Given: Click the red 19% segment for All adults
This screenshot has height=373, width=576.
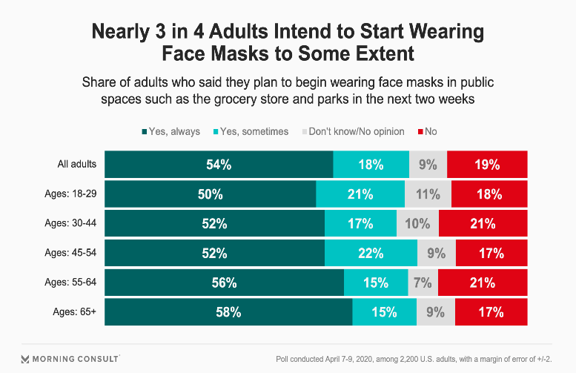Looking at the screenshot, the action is click(x=487, y=165).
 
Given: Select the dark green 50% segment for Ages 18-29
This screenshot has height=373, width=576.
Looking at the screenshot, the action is click(x=210, y=194).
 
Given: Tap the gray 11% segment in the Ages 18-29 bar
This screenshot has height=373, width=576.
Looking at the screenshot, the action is click(x=428, y=194).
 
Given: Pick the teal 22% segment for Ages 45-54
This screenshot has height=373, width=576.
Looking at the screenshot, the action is click(x=371, y=253).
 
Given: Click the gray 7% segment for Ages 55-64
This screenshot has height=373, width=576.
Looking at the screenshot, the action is click(x=423, y=283).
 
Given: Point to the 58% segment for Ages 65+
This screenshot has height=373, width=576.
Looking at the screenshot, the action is click(x=228, y=312).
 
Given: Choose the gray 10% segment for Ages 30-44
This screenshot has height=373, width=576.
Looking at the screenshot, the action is click(x=417, y=223).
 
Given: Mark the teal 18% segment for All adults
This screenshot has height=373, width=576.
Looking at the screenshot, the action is click(x=371, y=165).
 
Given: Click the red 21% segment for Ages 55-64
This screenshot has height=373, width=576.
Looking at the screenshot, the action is click(x=483, y=283).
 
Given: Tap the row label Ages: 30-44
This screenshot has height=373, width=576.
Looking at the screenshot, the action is click(x=70, y=223).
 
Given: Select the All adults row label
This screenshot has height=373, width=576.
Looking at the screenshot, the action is click(x=77, y=164).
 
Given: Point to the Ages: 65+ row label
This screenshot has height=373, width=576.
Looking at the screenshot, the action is click(x=75, y=311).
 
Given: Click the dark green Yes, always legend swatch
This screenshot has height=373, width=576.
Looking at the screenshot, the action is click(x=145, y=131).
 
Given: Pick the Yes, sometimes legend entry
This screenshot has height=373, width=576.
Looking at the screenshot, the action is click(x=251, y=131).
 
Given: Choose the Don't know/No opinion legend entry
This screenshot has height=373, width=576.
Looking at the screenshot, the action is click(x=354, y=131).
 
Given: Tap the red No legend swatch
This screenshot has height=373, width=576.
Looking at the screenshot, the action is click(x=420, y=131).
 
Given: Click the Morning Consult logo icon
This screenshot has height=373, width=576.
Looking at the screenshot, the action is click(x=25, y=359).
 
